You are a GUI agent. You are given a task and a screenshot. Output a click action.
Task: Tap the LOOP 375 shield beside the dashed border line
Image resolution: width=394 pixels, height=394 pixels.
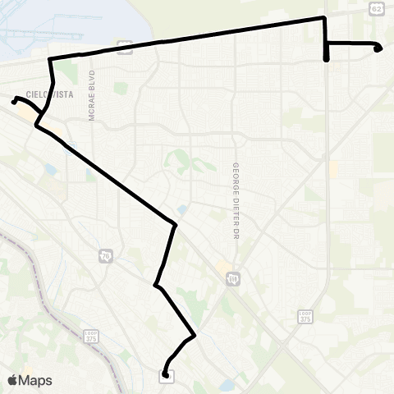click(91, 337)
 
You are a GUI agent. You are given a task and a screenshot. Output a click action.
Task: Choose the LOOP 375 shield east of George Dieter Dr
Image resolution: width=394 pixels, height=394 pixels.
click(305, 315)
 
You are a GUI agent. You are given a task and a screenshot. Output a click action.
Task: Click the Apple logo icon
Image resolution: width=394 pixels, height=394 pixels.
click(13, 380)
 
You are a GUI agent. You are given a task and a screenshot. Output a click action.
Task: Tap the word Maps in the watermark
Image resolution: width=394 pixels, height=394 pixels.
click(36, 380)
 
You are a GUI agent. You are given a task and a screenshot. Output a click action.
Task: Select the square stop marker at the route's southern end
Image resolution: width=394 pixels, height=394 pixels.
click(167, 376)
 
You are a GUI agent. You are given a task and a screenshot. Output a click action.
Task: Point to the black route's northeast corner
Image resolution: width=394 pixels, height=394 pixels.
click(326, 17)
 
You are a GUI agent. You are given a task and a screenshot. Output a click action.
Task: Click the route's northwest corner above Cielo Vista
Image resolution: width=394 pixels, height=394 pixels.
click(51, 60)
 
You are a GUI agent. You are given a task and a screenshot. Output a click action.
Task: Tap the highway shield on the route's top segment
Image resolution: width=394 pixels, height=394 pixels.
click(125, 46)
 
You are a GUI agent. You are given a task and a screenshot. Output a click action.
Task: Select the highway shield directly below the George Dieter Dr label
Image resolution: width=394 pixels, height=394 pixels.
click(234, 280)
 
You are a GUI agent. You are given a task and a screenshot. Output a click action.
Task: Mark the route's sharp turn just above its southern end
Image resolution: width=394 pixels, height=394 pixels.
click(194, 335)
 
